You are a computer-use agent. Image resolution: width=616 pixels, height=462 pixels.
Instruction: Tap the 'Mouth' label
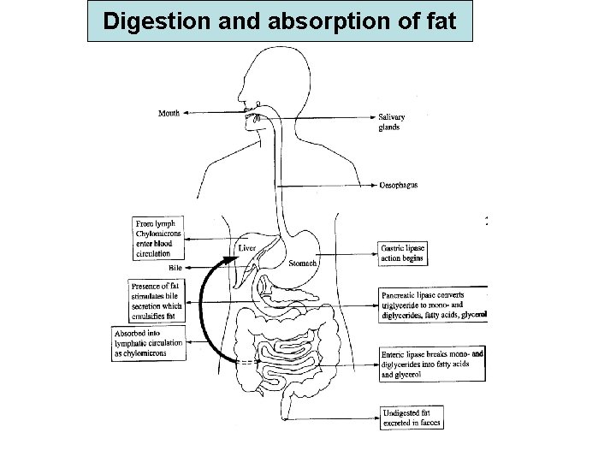tap(169, 113)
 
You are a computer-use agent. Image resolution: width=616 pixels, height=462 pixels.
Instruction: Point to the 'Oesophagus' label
tap(398, 186)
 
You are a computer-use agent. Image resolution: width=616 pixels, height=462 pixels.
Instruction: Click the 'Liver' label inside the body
tap(246, 248)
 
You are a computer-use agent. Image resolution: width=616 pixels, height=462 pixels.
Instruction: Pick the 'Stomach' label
tap(304, 264)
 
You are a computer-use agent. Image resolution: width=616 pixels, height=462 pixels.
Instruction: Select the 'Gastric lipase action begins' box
tap(402, 252)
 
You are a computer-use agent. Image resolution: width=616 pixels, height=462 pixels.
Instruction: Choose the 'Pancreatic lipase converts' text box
tap(433, 304)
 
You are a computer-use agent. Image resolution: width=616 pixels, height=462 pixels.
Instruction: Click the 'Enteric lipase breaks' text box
tap(431, 364)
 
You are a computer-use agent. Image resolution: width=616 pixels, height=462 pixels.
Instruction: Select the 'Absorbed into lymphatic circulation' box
tap(149, 345)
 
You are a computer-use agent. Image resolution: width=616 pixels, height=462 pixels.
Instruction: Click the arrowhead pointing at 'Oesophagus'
tap(374, 186)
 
